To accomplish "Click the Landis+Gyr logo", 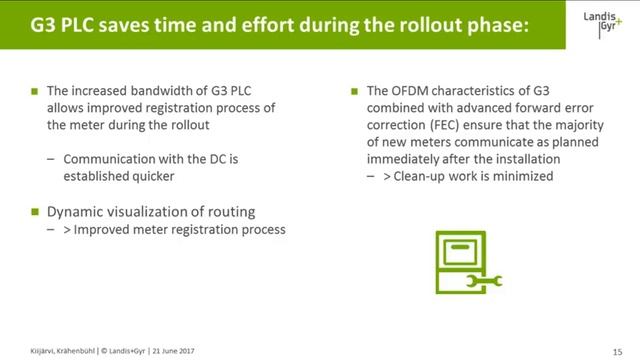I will point(602,25).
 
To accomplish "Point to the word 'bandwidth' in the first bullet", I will point(156,91).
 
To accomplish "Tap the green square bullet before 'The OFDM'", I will point(355,91).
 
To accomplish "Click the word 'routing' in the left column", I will point(228,211).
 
